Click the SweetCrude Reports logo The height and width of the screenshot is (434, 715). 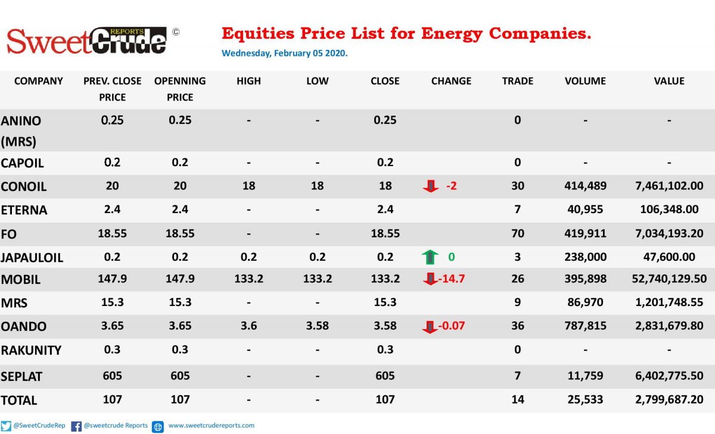tap(86, 41)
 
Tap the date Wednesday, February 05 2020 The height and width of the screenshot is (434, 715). tap(284, 53)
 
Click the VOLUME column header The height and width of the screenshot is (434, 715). tap(585, 81)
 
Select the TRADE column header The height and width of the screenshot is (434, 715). tap(517, 81)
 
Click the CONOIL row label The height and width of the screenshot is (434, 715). tap(24, 186)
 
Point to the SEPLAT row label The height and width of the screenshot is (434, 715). tap(21, 377)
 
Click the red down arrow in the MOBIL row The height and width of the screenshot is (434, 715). tap(430, 279)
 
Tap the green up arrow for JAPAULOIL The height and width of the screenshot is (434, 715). tap(430, 257)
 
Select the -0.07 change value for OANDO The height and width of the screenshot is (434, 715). tap(452, 326)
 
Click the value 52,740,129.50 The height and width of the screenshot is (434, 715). tap(669, 279)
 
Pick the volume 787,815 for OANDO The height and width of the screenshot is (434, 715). tap(585, 326)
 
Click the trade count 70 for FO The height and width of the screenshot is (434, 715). tap(517, 234)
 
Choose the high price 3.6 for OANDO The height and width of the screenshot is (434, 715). tap(248, 326)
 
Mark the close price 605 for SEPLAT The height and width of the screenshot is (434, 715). tap(385, 376)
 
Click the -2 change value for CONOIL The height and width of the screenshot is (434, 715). tap(452, 186)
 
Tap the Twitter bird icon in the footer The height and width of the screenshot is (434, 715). tap(6, 426)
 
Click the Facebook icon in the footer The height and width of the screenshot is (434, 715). tap(76, 426)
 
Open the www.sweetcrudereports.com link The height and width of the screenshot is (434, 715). tap(212, 426)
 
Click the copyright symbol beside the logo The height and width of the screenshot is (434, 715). tap(176, 32)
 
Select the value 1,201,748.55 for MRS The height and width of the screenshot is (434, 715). tap(669, 302)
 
